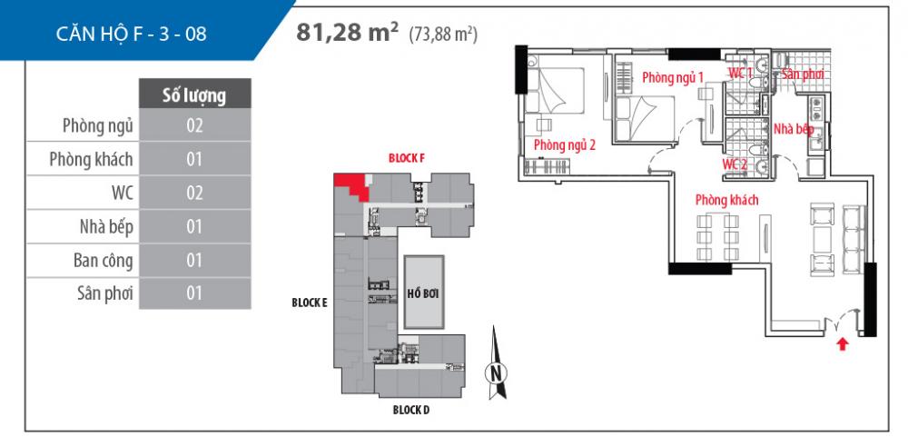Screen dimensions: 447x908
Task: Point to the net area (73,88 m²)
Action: click(444, 35)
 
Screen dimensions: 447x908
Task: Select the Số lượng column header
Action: click(194, 94)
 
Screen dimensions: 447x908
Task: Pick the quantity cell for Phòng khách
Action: click(194, 160)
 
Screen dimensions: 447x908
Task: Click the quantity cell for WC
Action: click(194, 194)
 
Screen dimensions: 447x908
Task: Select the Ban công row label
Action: click(104, 261)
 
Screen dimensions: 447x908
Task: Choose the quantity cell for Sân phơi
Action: click(194, 293)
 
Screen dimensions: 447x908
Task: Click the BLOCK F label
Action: click(406, 158)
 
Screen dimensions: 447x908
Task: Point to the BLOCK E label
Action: click(309, 303)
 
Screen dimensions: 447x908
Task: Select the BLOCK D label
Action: click(411, 410)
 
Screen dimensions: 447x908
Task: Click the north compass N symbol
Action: click(495, 372)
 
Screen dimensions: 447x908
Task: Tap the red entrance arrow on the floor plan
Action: click(844, 343)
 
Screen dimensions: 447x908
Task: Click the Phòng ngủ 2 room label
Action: click(565, 144)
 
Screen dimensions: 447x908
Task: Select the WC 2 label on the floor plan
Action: click(735, 164)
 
